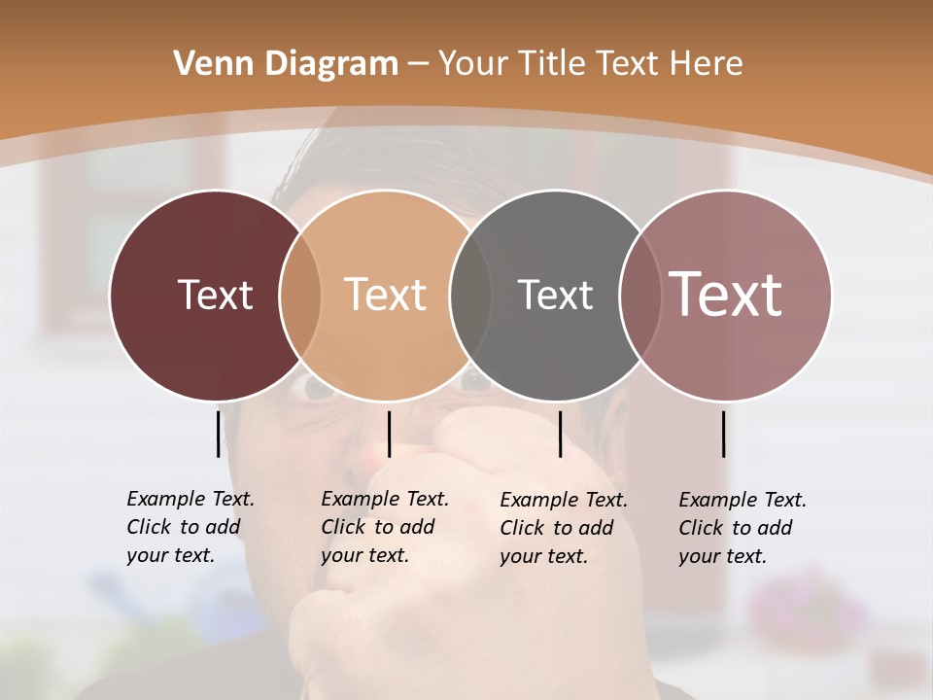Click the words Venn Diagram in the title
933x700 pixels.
(286, 64)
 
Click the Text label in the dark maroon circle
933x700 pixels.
(215, 295)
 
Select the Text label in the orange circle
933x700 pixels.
(385, 295)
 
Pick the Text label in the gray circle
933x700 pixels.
(555, 295)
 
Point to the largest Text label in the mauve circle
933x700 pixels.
(725, 295)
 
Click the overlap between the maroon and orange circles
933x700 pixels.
(299, 295)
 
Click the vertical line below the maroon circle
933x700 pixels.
(218, 434)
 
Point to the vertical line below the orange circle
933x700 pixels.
(389, 434)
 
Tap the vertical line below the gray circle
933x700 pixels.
(560, 434)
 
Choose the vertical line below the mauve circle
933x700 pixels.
(723, 434)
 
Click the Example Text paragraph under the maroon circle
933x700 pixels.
(190, 527)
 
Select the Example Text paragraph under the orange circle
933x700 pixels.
(384, 527)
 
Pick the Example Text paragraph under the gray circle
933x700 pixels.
(563, 528)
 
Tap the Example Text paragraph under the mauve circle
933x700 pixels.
(742, 528)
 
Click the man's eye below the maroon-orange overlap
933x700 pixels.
(317, 389)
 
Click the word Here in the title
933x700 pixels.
(708, 64)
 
